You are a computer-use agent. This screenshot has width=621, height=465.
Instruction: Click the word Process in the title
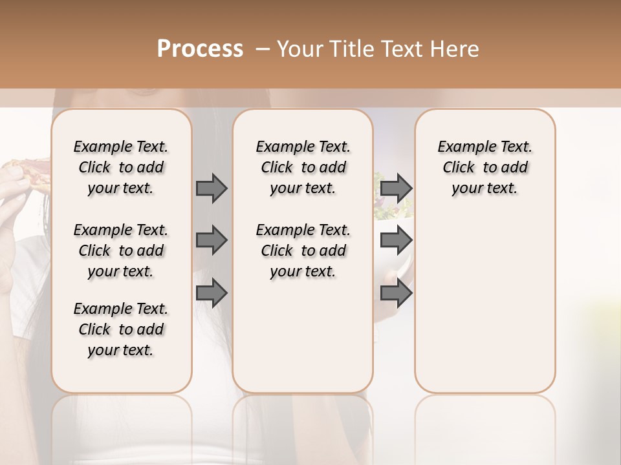pyautogui.click(x=200, y=48)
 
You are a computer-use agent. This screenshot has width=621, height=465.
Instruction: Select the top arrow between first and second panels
pyautogui.click(x=212, y=188)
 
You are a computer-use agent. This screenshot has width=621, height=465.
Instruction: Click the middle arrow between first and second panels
pyautogui.click(x=212, y=240)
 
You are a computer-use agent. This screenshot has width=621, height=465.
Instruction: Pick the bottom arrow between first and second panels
pyautogui.click(x=212, y=293)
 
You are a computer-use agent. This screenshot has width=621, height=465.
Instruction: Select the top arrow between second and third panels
pyautogui.click(x=396, y=188)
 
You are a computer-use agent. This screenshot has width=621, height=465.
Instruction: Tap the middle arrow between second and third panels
pyautogui.click(x=396, y=240)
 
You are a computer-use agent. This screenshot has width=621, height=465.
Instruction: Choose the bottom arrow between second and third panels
pyautogui.click(x=396, y=293)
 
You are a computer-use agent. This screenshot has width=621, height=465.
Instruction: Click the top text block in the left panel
pyautogui.click(x=121, y=167)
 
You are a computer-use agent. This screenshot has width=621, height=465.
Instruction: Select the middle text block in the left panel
pyautogui.click(x=121, y=251)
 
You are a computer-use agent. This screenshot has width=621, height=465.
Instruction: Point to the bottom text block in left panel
pyautogui.click(x=121, y=329)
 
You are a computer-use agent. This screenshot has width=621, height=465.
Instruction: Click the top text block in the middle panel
pyautogui.click(x=303, y=167)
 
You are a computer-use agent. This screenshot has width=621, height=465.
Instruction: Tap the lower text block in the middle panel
pyautogui.click(x=303, y=251)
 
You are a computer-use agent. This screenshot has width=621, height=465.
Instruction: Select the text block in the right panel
pyautogui.click(x=485, y=167)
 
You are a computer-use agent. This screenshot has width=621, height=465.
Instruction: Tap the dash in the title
pyautogui.click(x=263, y=48)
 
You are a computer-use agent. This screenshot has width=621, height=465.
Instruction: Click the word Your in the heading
pyautogui.click(x=301, y=48)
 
